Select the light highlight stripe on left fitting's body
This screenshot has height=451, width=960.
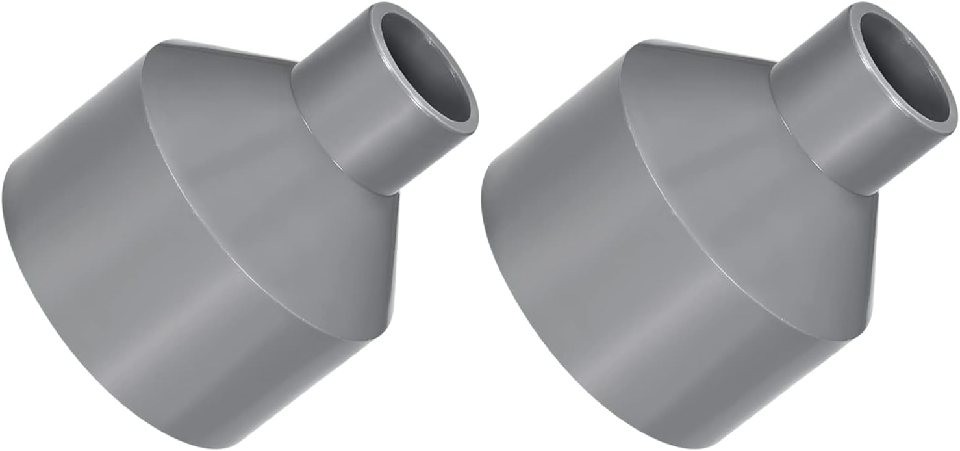point(221,292)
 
